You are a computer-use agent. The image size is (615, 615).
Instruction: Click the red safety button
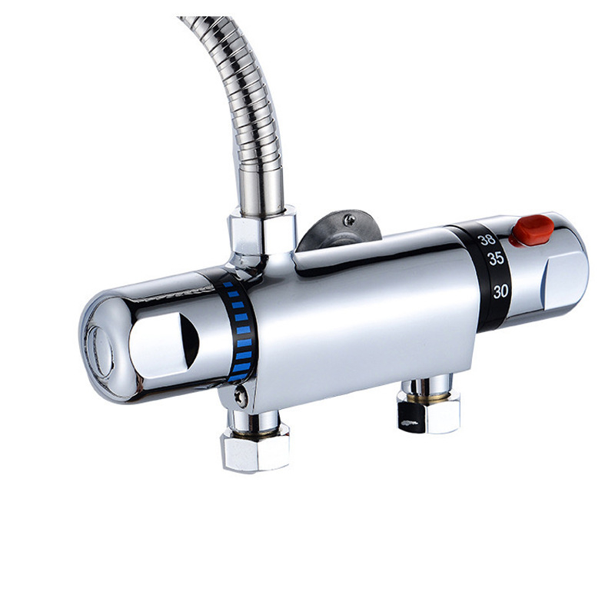click(533, 230)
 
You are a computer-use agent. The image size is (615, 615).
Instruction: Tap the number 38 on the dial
click(487, 240)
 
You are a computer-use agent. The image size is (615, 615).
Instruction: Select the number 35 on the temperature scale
click(496, 258)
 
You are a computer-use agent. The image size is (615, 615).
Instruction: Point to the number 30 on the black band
click(500, 291)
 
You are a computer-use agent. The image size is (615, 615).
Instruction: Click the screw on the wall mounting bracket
click(349, 220)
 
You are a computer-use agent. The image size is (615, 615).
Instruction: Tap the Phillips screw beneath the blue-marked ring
click(241, 396)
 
